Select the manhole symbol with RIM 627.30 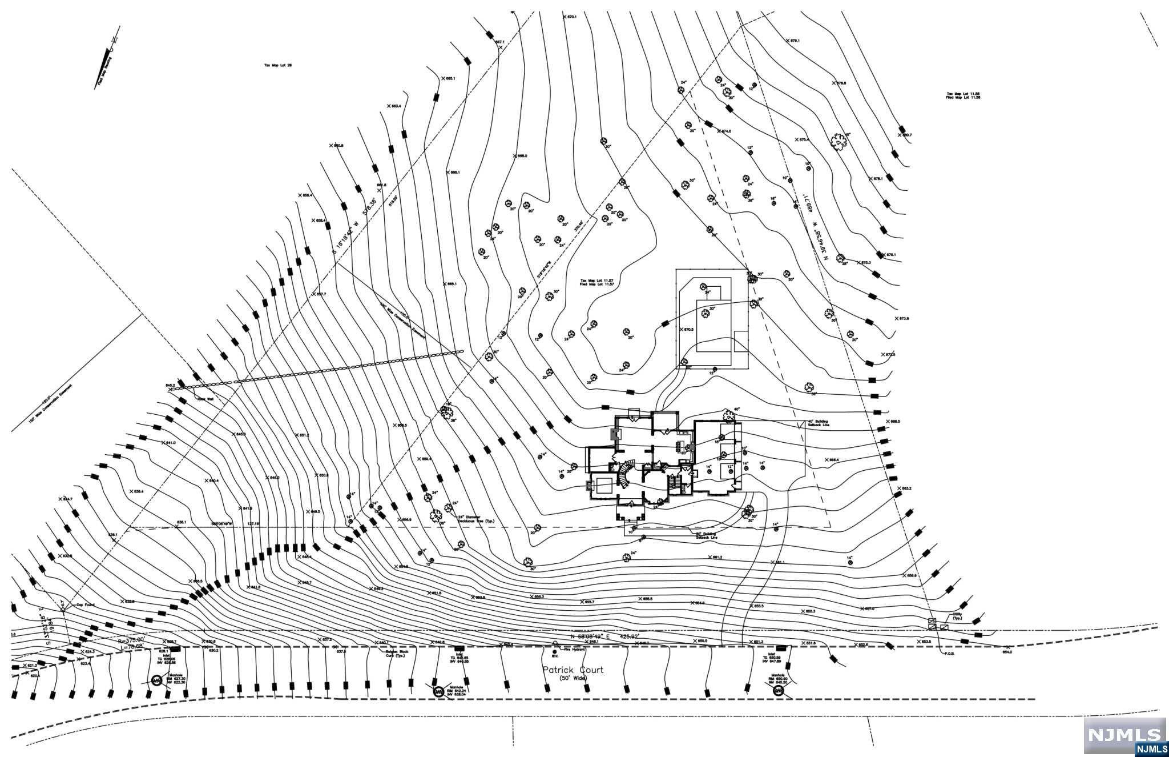click(x=157, y=680)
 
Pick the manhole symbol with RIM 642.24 click(x=438, y=692)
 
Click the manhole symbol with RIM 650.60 click(x=779, y=691)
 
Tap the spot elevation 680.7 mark click(x=905, y=135)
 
